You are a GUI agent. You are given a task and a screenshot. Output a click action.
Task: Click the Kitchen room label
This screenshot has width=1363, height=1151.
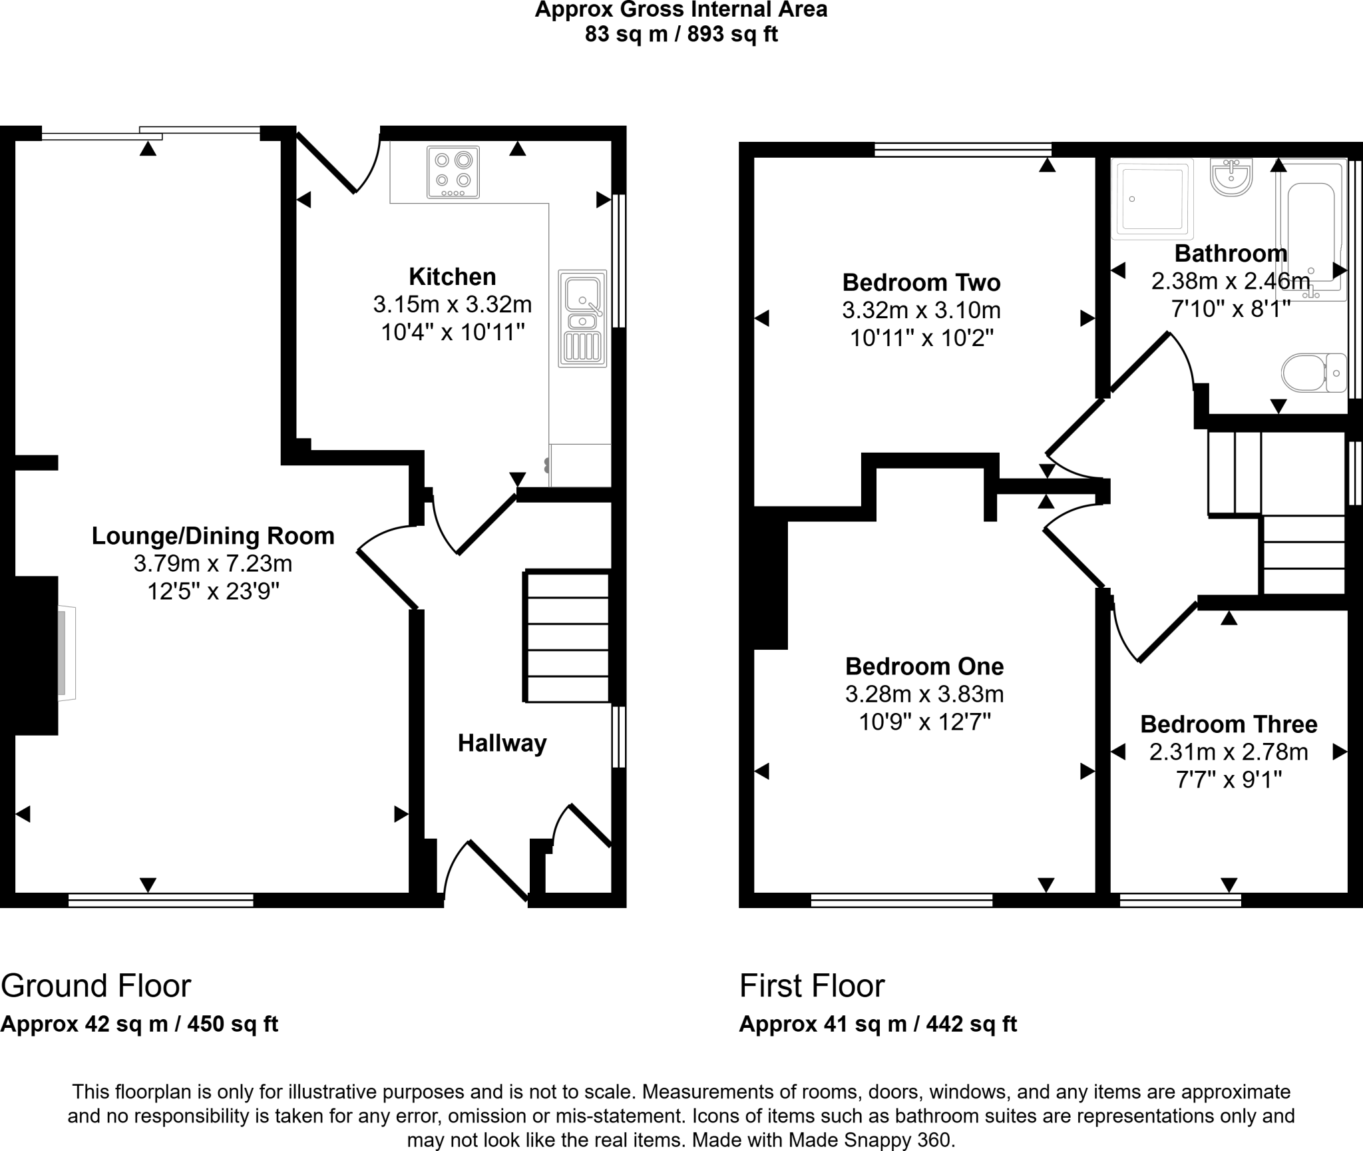click(x=452, y=276)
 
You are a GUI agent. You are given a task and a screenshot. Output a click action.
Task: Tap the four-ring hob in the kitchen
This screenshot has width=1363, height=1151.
click(x=453, y=172)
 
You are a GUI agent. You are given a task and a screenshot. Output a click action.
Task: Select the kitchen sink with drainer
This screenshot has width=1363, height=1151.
click(x=582, y=318)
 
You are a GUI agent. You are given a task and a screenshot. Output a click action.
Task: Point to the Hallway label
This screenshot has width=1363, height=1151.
click(x=502, y=743)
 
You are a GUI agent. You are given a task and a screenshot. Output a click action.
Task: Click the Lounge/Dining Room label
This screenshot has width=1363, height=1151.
click(x=213, y=536)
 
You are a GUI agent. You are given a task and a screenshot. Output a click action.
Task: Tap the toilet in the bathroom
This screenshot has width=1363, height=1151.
click(x=1314, y=373)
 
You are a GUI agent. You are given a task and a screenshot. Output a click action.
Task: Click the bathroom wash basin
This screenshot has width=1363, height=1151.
click(x=1231, y=176)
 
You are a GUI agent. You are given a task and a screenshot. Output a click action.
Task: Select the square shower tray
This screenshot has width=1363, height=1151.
click(x=1153, y=198)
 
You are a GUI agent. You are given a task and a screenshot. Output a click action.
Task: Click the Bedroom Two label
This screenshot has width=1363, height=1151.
click(x=921, y=283)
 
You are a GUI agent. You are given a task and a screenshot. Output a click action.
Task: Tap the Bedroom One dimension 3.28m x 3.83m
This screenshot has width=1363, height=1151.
click(x=924, y=694)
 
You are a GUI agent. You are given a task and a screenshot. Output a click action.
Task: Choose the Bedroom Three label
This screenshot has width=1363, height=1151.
click(x=1229, y=724)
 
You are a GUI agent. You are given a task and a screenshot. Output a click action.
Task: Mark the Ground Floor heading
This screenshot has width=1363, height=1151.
click(x=96, y=985)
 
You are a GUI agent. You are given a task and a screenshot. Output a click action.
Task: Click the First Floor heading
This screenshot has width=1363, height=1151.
click(x=812, y=985)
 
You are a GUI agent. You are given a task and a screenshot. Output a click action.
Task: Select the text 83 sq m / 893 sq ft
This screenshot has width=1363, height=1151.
click(x=681, y=34)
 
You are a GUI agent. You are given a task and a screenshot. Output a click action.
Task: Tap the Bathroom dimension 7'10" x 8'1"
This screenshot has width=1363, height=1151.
click(x=1231, y=309)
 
